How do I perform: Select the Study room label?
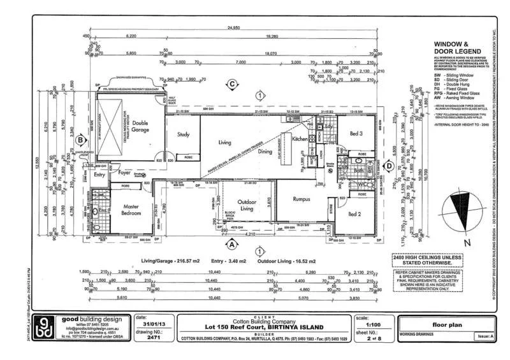point(184,134)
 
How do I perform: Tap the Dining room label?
point(265,151)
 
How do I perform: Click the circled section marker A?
point(232,243)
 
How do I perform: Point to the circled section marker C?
point(233,84)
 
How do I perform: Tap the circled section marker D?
point(388,166)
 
